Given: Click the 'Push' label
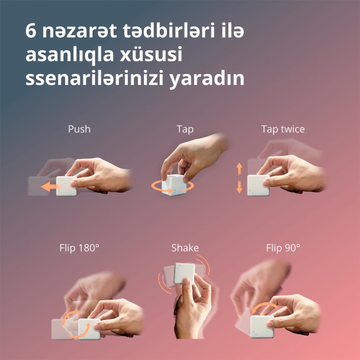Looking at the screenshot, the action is tap(79, 129).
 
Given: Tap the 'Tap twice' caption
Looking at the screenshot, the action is tap(283, 129).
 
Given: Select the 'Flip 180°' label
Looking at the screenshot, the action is tap(79, 248).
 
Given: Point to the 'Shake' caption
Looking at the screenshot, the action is tap(185, 248).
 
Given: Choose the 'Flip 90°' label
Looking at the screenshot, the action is tap(283, 248).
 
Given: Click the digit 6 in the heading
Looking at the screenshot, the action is tap(31, 30).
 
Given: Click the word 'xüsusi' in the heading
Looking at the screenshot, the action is tap(151, 55).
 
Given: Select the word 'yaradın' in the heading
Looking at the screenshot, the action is tap(207, 79).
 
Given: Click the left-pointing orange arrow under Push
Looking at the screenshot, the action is tap(50, 186).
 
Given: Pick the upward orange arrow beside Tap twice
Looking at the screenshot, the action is tap(239, 168).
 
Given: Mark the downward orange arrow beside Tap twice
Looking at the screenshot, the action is tap(239, 187).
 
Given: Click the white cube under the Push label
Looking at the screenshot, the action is tap(66, 186).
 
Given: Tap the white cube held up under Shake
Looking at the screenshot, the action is tap(184, 273).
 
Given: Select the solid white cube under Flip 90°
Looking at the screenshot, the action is tap(262, 327).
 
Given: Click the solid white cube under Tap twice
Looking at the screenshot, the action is tap(258, 186).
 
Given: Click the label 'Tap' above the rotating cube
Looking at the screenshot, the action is tap(185, 130).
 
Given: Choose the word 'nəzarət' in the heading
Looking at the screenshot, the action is tap(79, 30).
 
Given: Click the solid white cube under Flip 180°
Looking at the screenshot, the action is tap(89, 329).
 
